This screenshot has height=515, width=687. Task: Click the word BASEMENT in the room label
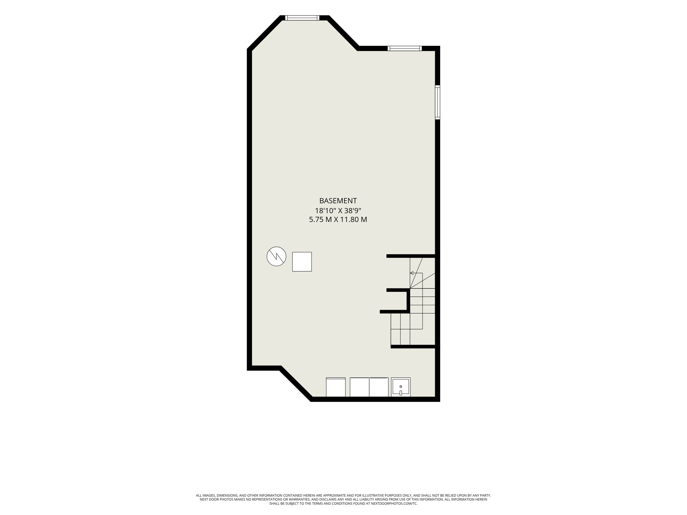338,201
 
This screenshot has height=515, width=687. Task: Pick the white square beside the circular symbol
302,262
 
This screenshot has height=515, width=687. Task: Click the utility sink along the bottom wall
401,387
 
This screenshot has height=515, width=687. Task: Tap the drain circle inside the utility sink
401,386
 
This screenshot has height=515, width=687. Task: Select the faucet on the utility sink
401,393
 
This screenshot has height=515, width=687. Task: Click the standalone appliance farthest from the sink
336,387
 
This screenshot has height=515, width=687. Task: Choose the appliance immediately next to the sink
379,387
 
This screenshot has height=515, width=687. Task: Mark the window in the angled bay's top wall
302,18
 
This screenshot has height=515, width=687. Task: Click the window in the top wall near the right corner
405,48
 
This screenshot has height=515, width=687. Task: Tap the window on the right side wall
438,102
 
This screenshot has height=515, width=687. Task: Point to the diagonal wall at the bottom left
296,384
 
